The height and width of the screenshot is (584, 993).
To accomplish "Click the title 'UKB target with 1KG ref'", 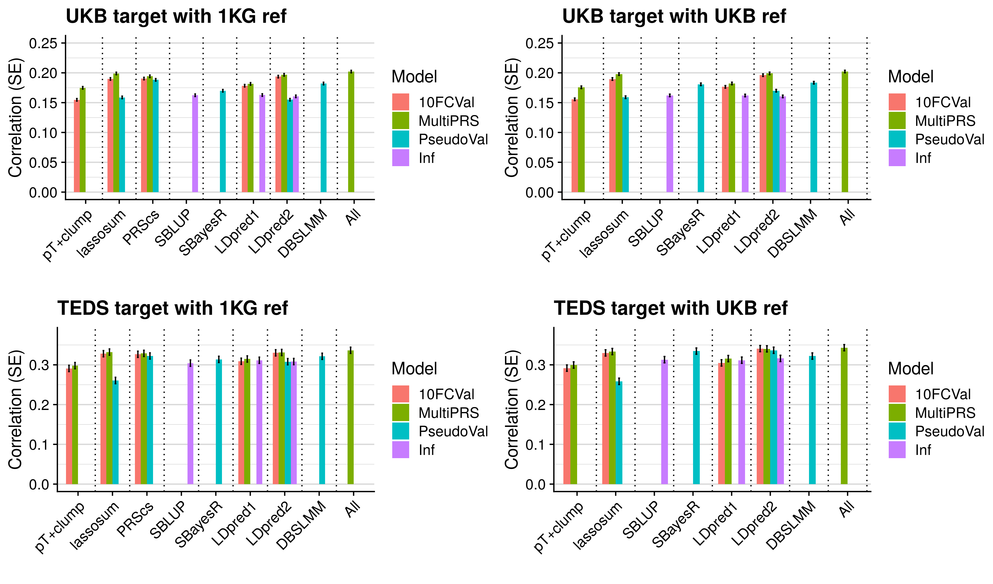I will tap(176, 17).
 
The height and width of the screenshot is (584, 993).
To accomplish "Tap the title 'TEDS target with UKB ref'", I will tap(670, 308).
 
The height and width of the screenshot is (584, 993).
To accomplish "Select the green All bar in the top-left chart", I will tap(351, 132).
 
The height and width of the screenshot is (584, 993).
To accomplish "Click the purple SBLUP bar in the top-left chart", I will tap(195, 144).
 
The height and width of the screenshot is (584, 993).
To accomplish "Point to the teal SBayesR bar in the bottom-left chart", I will tap(219, 422).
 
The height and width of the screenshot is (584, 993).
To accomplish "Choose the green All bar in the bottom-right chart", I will tap(844, 416).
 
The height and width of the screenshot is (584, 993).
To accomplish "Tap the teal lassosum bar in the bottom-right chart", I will tap(619, 433).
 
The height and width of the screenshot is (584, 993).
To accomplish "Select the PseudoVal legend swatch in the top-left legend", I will tap(400, 139).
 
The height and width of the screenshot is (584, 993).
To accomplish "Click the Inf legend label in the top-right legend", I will tap(923, 158).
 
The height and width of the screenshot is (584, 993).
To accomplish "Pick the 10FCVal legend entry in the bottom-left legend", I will tap(446, 394).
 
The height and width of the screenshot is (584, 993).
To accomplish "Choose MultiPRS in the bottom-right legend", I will tap(945, 413).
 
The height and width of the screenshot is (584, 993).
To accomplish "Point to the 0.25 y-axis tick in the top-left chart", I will tap(43, 43).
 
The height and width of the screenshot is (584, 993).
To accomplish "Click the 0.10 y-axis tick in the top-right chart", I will tap(539, 133).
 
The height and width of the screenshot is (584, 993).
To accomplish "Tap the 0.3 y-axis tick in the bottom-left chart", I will tap(39, 365).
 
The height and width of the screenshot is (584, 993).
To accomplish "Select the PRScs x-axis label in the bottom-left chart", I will tap(135, 520).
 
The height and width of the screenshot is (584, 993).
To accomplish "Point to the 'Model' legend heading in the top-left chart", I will tap(414, 77).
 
